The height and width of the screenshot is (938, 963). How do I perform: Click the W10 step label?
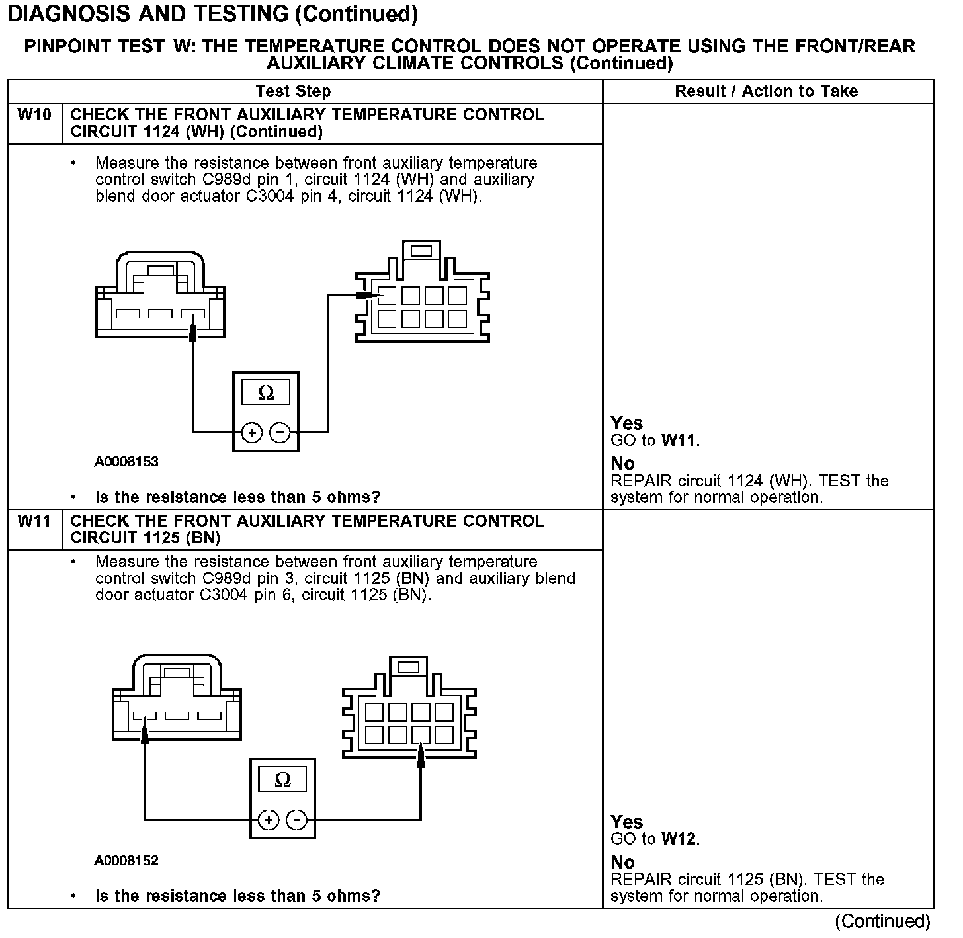pos(34,115)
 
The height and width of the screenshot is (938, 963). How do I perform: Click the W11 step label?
pos(34,521)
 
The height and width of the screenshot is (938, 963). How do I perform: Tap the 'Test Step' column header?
pos(293,91)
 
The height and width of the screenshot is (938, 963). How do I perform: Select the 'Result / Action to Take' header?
pos(766,91)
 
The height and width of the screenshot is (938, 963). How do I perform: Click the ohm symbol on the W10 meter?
pos(266,392)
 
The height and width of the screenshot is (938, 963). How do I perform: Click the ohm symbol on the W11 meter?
pos(282,780)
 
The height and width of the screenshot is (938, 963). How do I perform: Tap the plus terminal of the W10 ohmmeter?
pos(252,433)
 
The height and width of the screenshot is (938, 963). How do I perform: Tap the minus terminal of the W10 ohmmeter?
pos(280,433)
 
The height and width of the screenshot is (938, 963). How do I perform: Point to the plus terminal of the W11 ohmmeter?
pos(269,820)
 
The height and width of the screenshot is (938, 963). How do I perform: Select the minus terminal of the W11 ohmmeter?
pos(297,820)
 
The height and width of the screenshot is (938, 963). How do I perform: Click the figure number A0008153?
pos(126,462)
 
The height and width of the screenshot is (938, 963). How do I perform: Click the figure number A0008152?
pos(126,861)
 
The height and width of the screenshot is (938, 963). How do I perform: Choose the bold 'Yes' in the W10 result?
pos(626,423)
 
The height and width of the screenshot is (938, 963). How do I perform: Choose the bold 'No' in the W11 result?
pos(622,862)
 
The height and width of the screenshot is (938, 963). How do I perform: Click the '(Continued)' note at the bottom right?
pos(882,921)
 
